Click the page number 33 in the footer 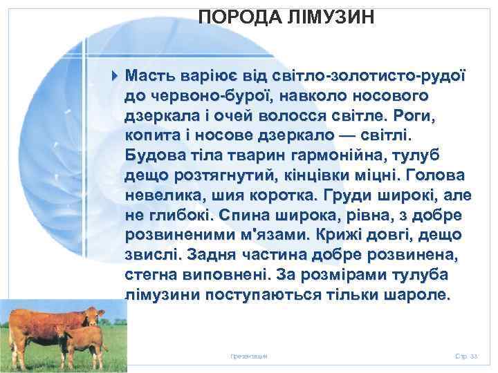coord(474,354)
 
